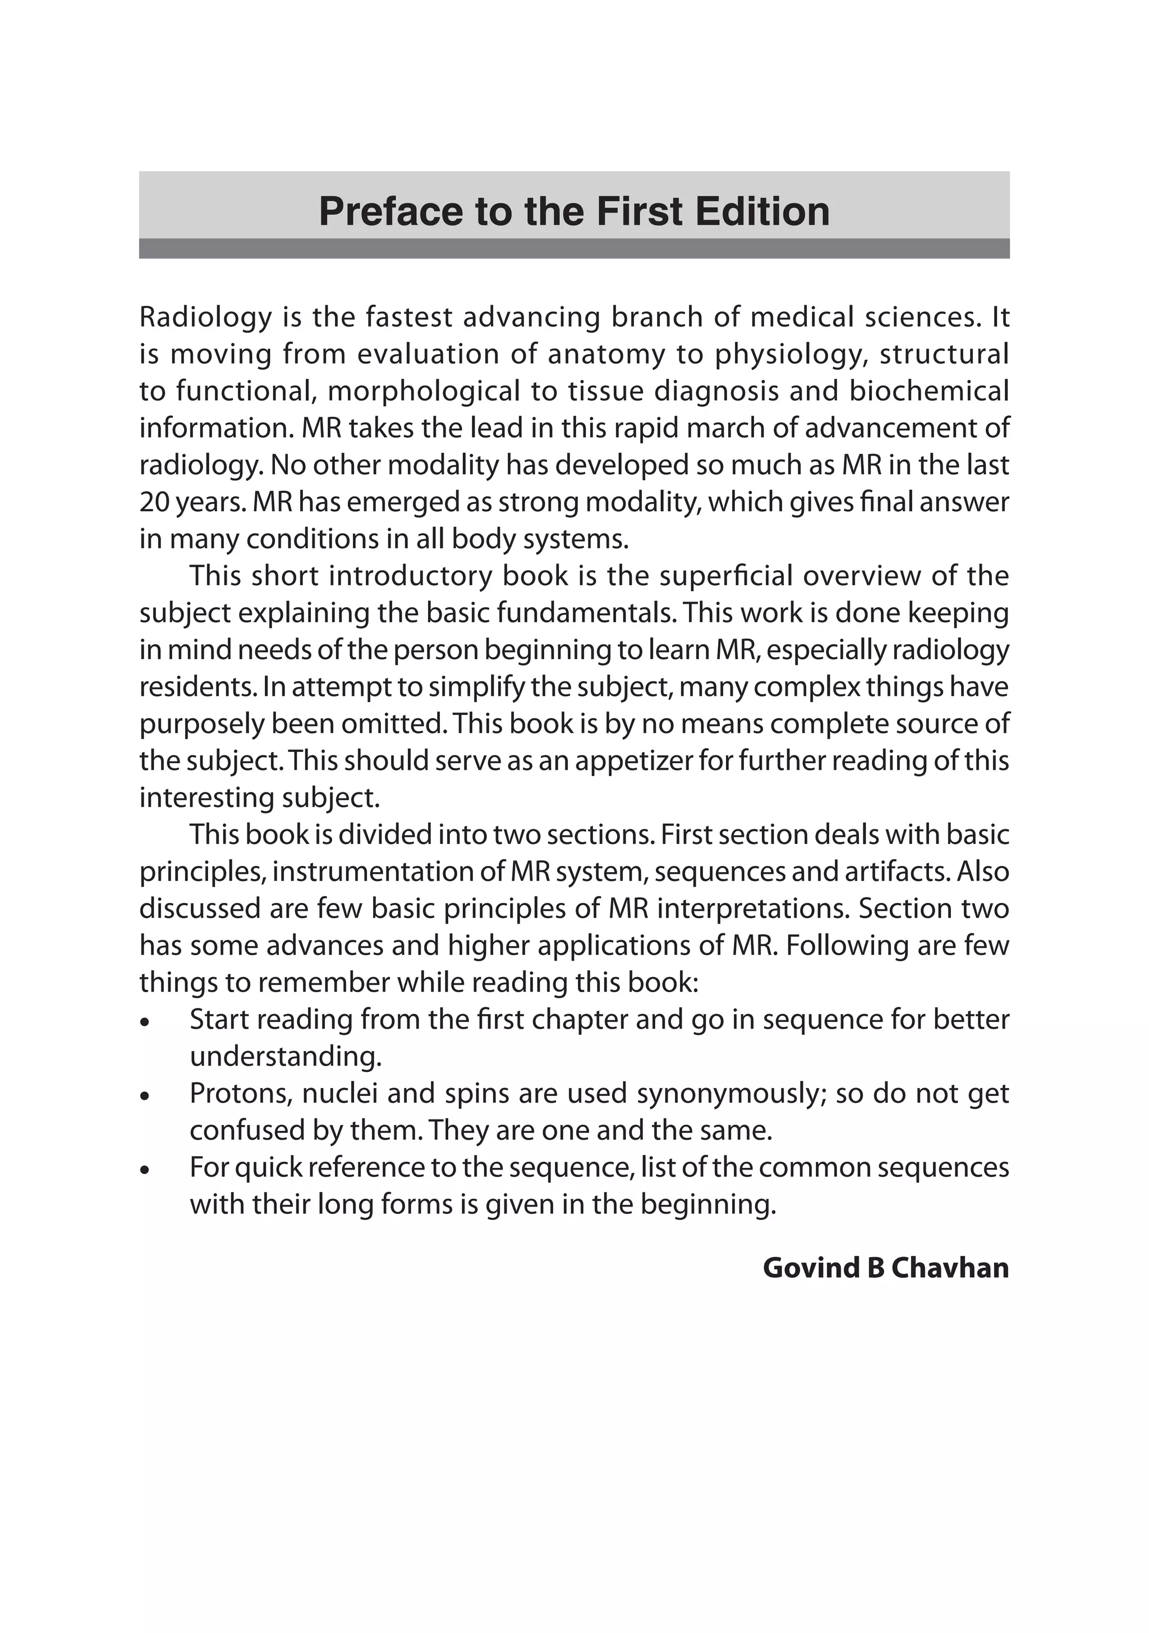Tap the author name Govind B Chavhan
tap(885, 1268)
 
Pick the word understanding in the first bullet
tap(285, 1057)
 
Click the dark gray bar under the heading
tap(574, 248)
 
